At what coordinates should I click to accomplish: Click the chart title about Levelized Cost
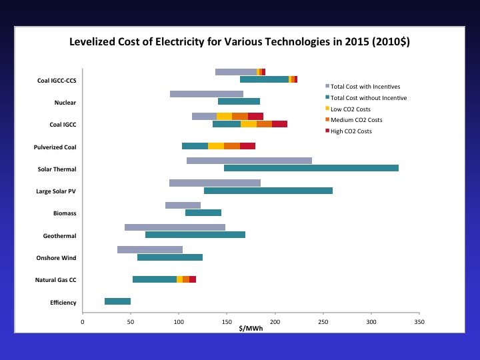tap(240, 42)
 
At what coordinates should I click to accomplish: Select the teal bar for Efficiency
tap(117, 301)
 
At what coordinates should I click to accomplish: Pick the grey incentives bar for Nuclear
tap(207, 94)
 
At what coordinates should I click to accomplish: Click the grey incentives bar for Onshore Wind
tap(150, 249)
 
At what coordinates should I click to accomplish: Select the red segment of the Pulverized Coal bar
tap(247, 146)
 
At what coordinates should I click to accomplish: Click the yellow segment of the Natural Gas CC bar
tap(179, 279)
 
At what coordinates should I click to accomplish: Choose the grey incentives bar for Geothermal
tap(175, 227)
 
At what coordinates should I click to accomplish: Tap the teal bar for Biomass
tap(203, 213)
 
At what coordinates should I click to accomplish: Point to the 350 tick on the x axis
tap(419, 323)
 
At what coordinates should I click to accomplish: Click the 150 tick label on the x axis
tap(227, 323)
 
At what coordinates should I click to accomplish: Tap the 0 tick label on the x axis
tap(83, 323)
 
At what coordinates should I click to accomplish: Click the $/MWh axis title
tap(251, 329)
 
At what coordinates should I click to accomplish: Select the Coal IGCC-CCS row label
tap(56, 81)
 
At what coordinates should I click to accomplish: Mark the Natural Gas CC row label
tap(56, 280)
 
